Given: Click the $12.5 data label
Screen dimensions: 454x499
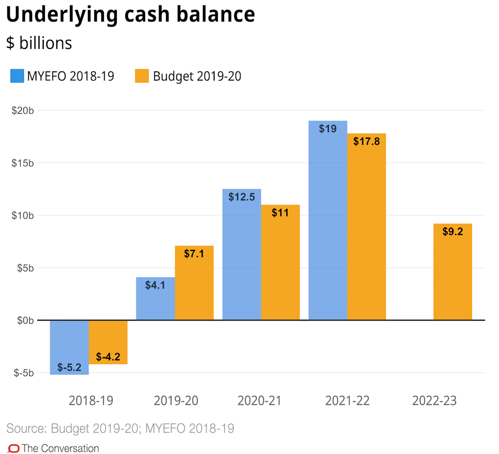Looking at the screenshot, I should coord(242,197).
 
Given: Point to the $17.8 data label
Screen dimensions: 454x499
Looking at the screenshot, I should coord(366,141).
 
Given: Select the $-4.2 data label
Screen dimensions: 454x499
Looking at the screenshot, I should coord(108,357).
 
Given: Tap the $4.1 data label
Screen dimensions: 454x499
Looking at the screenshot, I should coord(155,285).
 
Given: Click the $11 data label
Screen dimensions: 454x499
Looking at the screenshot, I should coord(280,213).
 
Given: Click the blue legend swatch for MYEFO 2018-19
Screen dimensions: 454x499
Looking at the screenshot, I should coord(17,76).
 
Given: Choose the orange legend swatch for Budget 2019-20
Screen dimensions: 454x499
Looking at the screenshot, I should coord(142,76).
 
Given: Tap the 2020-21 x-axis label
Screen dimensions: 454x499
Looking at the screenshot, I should coord(259,401).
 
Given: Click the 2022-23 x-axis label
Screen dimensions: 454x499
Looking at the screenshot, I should coord(434,401).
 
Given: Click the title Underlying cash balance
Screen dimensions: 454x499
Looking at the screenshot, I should coord(130,15).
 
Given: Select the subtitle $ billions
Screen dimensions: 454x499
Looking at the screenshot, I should coord(39,43).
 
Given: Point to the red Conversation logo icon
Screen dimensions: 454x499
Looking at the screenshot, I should coord(13,448).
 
